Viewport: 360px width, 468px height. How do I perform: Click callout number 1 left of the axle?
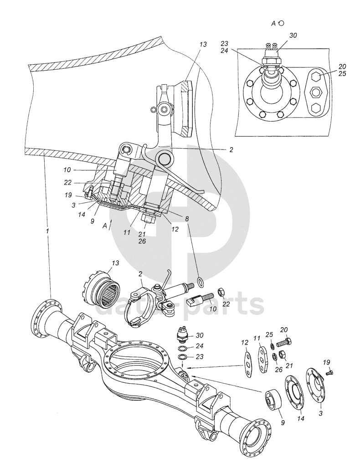coord(47,231)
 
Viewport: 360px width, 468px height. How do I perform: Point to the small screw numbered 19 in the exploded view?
coord(330,373)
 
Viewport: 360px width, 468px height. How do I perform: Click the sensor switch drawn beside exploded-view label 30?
coord(184,336)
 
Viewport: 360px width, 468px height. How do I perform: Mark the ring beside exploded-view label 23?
coord(181,356)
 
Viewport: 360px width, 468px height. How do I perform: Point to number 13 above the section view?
coord(203,44)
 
